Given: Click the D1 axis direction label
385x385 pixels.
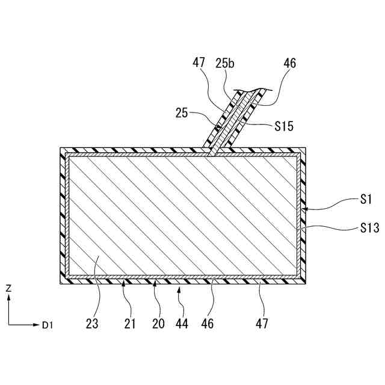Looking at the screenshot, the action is (48, 325).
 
